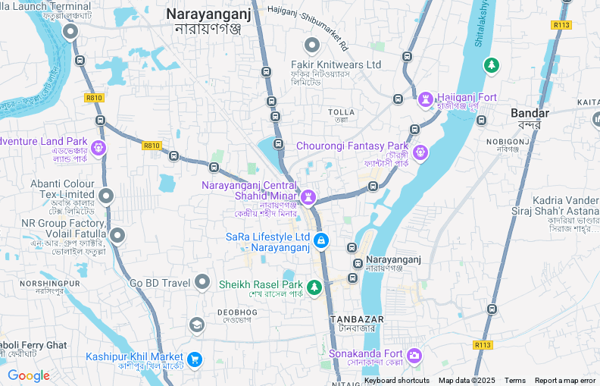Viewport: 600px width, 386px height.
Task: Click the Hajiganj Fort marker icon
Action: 426,99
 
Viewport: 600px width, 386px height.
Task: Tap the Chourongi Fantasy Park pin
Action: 420,153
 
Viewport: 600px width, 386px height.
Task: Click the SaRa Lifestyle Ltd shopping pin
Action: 321,240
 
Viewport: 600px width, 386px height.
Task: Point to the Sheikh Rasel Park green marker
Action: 314,286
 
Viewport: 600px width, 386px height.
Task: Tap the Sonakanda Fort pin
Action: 414,355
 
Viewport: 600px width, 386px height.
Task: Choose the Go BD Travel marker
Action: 202,283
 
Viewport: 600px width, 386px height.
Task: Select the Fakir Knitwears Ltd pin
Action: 311,46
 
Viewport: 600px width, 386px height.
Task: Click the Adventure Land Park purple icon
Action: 98,146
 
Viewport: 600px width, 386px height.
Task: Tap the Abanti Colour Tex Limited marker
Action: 106,196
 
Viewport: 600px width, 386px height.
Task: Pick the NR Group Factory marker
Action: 117,235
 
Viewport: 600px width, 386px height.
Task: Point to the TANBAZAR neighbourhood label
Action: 357,319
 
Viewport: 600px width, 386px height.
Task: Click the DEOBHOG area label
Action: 237,312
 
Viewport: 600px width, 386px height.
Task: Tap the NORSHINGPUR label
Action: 49,283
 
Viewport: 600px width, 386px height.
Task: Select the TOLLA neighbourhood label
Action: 341,112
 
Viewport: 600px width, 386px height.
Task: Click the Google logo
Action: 29,376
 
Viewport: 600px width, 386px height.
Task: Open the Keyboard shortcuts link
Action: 396,381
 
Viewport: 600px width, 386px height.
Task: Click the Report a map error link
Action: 565,381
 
